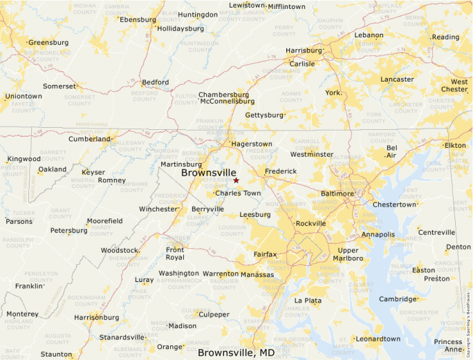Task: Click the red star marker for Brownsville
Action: click(x=236, y=180)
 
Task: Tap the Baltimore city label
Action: click(x=337, y=194)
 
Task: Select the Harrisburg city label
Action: click(x=304, y=50)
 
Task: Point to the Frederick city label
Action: click(x=280, y=171)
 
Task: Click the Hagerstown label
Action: click(x=252, y=144)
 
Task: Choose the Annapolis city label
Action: click(x=378, y=234)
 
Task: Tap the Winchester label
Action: click(x=158, y=209)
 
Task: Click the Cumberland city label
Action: click(x=89, y=139)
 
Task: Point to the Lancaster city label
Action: click(x=397, y=79)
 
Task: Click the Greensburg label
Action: click(x=48, y=42)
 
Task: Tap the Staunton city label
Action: click(x=56, y=354)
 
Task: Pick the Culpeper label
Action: click(x=214, y=314)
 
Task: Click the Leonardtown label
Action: click(x=378, y=339)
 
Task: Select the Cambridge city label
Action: click(x=398, y=299)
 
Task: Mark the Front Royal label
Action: click(x=175, y=254)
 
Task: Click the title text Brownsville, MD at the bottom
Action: click(x=236, y=352)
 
